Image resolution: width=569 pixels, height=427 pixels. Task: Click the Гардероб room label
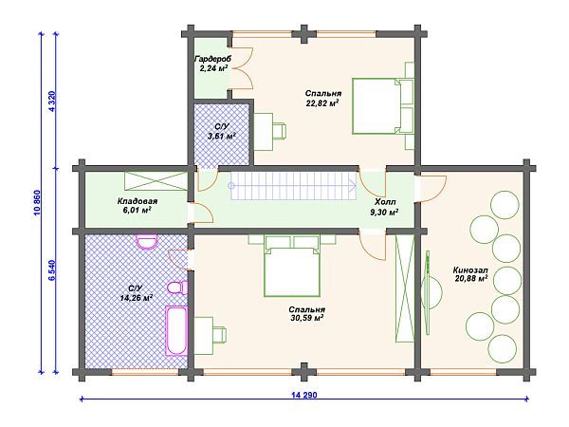(x=212, y=59)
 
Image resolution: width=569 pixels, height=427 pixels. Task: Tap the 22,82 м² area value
(x=322, y=103)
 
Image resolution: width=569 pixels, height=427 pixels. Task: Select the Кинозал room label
(x=470, y=270)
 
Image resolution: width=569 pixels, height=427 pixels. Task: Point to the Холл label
(x=385, y=202)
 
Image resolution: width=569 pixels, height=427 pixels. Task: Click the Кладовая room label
(x=138, y=201)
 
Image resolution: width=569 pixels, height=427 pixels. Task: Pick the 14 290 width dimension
(x=303, y=395)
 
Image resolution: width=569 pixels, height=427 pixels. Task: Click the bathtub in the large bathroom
(x=176, y=330)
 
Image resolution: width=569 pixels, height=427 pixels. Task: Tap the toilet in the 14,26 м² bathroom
(x=178, y=288)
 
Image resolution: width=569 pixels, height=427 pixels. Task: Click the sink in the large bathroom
(x=147, y=241)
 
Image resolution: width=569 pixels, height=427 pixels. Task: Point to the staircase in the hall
(x=294, y=186)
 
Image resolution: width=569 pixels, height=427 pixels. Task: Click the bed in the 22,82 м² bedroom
(x=382, y=105)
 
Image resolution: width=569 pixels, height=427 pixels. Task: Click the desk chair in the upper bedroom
(x=279, y=131)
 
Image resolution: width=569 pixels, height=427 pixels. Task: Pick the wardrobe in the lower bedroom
(x=405, y=288)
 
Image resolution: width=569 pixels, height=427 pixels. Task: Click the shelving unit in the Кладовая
(x=156, y=181)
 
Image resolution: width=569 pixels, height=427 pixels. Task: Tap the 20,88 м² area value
(x=470, y=278)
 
